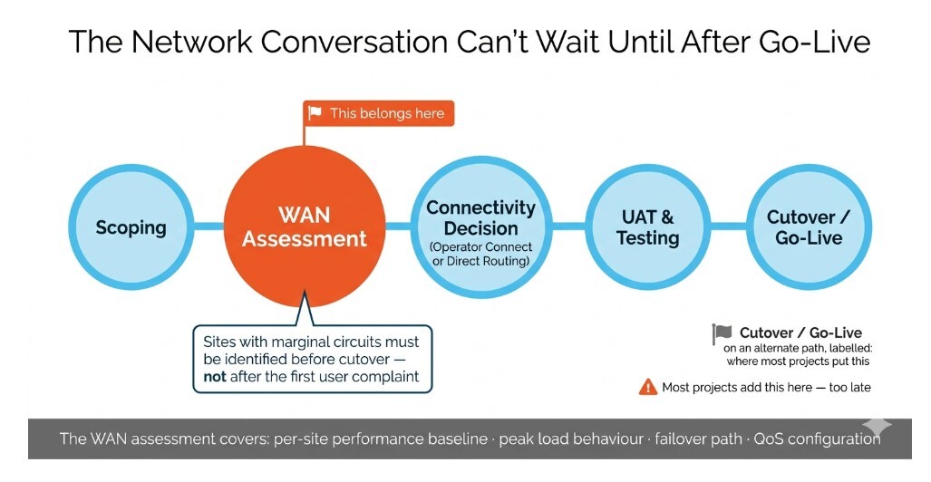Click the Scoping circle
tap(131, 227)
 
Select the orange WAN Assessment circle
tap(305, 227)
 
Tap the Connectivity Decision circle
tap(480, 227)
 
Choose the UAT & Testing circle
tap(647, 227)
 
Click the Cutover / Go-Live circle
tap(809, 227)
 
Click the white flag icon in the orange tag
tap(315, 113)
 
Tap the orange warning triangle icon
tap(647, 387)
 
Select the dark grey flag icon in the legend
tap(722, 333)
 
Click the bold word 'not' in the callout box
tap(216, 377)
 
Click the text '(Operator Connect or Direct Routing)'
tap(480, 253)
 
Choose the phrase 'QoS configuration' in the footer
tap(819, 439)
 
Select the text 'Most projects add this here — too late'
tap(766, 387)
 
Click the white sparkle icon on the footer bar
tap(877, 426)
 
